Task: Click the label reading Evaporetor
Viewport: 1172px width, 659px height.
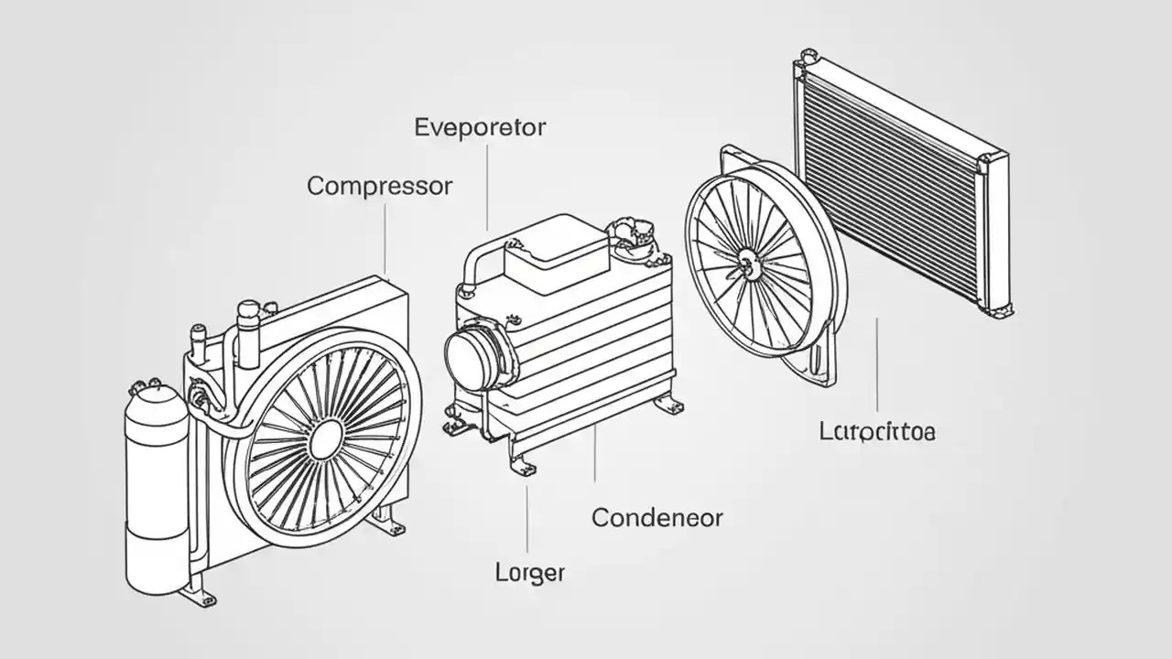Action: point(480,127)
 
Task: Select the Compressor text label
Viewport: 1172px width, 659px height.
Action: point(379,186)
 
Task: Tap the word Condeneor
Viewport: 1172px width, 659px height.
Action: point(657,518)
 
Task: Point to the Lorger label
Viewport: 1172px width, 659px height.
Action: point(529,574)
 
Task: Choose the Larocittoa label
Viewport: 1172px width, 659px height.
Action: point(877,430)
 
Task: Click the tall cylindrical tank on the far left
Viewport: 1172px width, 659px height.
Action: point(156,485)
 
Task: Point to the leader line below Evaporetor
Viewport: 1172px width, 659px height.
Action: point(486,183)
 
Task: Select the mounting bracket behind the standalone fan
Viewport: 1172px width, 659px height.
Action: point(824,366)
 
